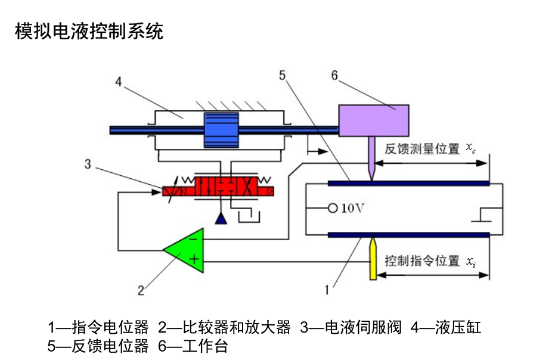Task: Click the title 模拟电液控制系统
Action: point(89,31)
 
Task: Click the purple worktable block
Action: point(374,120)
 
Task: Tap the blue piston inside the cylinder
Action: point(221,129)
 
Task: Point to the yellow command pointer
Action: point(373,260)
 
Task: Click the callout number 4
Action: point(119,83)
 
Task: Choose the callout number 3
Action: point(88,165)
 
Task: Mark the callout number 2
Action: point(141,291)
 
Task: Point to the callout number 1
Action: point(326,290)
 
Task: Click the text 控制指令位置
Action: point(422,260)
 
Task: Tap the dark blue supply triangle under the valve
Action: point(221,219)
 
